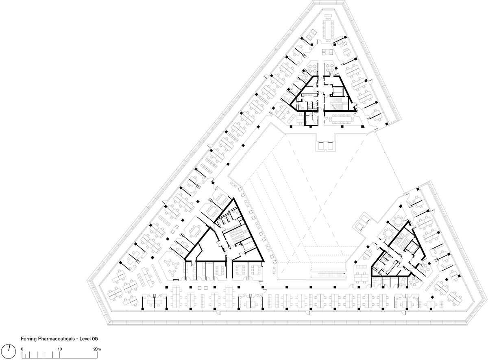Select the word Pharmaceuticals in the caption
click(x=56, y=338)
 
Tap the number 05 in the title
click(x=95, y=338)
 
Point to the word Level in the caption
click(x=85, y=338)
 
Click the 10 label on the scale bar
click(x=60, y=349)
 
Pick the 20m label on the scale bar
click(x=97, y=349)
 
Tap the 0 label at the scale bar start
click(x=22, y=349)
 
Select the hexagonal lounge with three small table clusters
click(x=172, y=267)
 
